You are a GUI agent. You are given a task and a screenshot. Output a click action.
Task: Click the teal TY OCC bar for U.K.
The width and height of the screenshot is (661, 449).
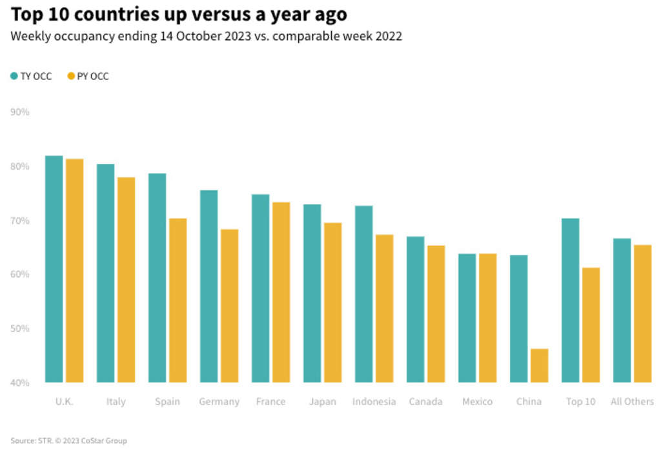point(54,269)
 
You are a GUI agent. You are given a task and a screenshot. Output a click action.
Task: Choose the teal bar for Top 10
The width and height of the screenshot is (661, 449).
point(570,300)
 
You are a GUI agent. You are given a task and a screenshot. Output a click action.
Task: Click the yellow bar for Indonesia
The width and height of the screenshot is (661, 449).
point(384,308)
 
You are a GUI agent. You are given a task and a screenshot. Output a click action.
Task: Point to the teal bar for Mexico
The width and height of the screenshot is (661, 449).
point(467,318)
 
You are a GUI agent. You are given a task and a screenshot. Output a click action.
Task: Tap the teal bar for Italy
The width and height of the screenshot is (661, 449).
point(105,273)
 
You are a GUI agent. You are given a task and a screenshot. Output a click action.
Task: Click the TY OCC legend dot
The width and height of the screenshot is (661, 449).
point(14,76)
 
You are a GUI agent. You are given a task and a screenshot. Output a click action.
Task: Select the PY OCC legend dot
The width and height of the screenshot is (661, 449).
point(71,76)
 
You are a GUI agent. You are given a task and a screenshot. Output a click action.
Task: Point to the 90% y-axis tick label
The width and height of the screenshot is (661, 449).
point(20,112)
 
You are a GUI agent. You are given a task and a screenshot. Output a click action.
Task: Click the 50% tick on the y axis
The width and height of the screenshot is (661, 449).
point(20,328)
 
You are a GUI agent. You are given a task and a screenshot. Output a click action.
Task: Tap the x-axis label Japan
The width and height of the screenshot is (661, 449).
point(322,401)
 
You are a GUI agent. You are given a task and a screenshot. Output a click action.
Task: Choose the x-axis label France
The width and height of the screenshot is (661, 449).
point(270,401)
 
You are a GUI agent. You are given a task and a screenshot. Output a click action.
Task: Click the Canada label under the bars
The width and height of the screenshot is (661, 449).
point(425,401)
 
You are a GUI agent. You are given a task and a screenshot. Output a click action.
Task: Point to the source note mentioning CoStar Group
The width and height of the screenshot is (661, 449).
point(68,441)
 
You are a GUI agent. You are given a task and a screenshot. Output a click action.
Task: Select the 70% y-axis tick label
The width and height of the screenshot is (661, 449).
point(20,221)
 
